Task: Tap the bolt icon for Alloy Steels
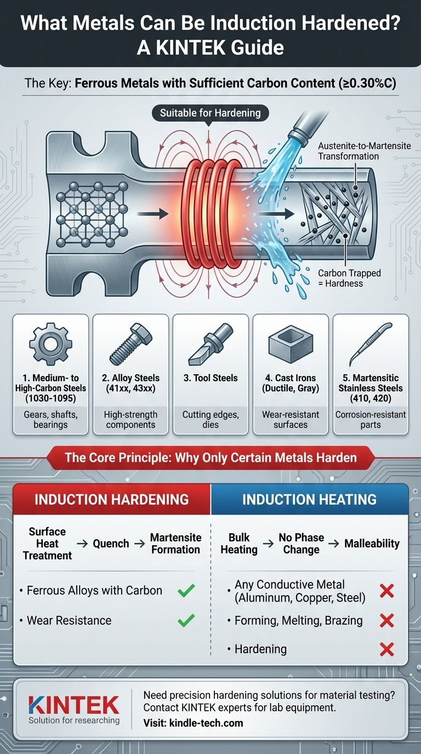coord(131,344)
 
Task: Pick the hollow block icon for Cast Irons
coord(291,345)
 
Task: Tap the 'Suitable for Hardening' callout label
coord(210,113)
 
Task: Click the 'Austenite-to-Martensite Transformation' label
coord(365,151)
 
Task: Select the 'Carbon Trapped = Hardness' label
coord(349,278)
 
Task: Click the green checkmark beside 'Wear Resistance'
coord(186,620)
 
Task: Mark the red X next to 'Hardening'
coord(386,649)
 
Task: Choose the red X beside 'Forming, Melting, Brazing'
coord(386,620)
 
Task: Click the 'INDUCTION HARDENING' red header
coord(111,500)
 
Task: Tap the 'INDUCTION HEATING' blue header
coord(309,500)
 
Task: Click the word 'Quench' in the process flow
coord(111,543)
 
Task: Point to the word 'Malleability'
coord(372,543)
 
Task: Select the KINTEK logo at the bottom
coord(74,706)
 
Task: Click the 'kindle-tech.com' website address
coord(206,723)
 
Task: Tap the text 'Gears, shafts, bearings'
coord(50,419)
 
